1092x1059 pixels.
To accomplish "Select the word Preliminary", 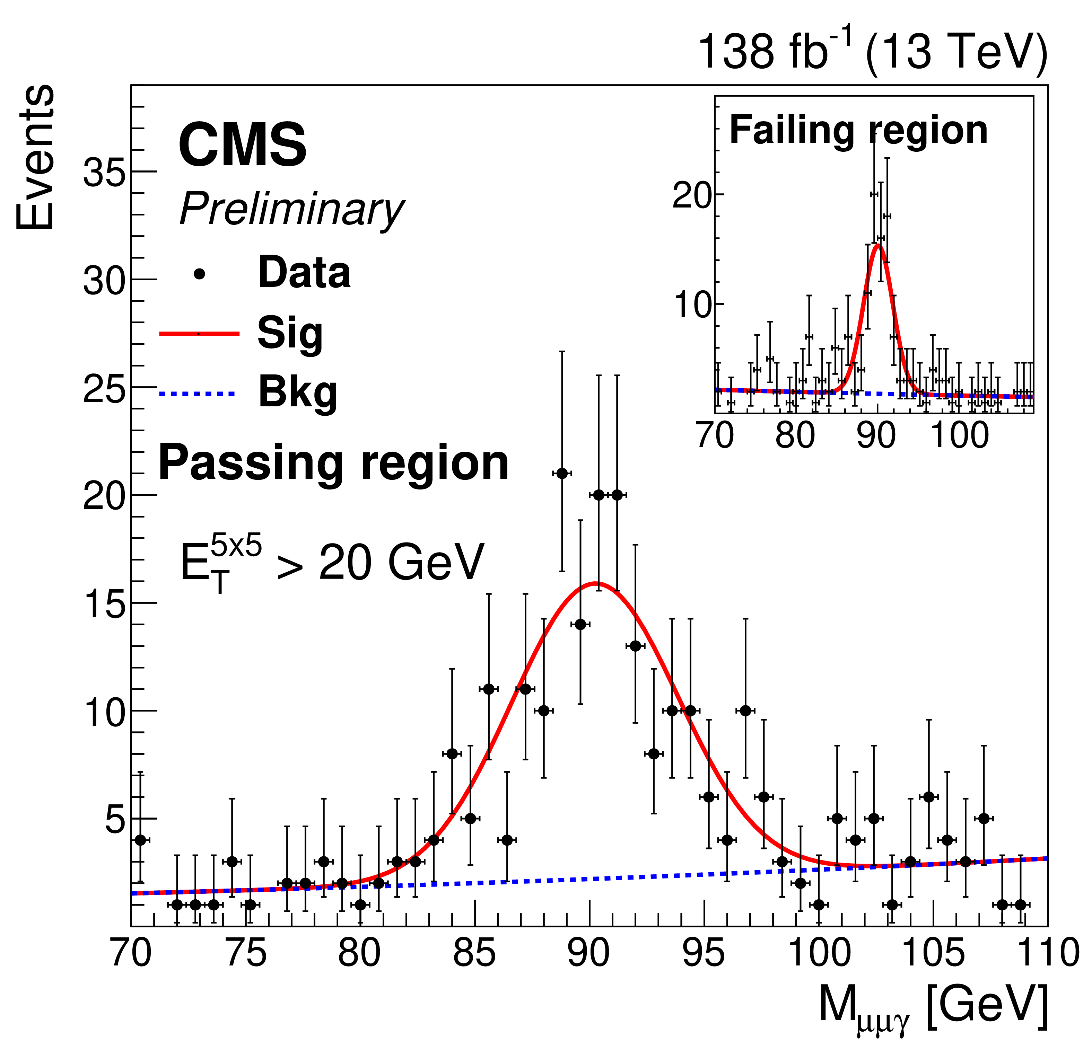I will click(x=291, y=209).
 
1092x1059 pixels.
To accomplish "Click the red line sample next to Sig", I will click(x=199, y=334).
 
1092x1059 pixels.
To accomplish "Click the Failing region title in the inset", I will click(x=858, y=131).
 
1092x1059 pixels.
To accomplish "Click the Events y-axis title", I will click(x=35, y=158).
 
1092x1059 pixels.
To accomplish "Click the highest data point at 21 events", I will click(x=562, y=473).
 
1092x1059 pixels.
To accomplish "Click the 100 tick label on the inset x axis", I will click(x=959, y=435).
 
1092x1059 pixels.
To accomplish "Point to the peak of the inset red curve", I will click(x=879, y=245).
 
